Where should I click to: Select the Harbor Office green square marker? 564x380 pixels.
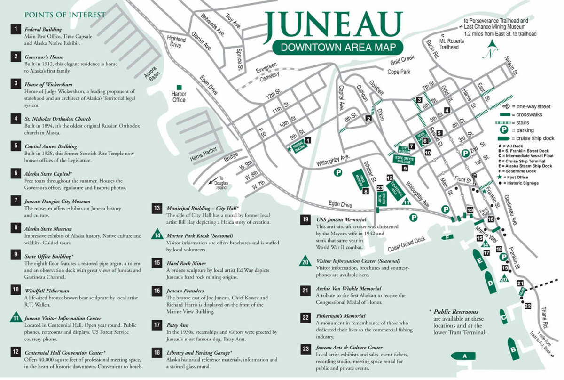(179, 88)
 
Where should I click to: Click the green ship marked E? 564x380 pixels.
(480, 260)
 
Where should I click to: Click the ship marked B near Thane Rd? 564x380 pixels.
(512, 348)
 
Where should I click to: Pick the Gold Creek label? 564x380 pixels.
(400, 62)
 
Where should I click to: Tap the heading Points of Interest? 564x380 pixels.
(65, 15)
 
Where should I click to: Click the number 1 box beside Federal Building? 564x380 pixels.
(16, 29)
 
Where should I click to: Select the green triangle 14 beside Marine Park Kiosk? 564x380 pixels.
(157, 235)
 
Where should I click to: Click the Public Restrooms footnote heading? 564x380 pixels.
(456, 312)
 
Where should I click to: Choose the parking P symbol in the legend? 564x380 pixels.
(502, 130)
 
